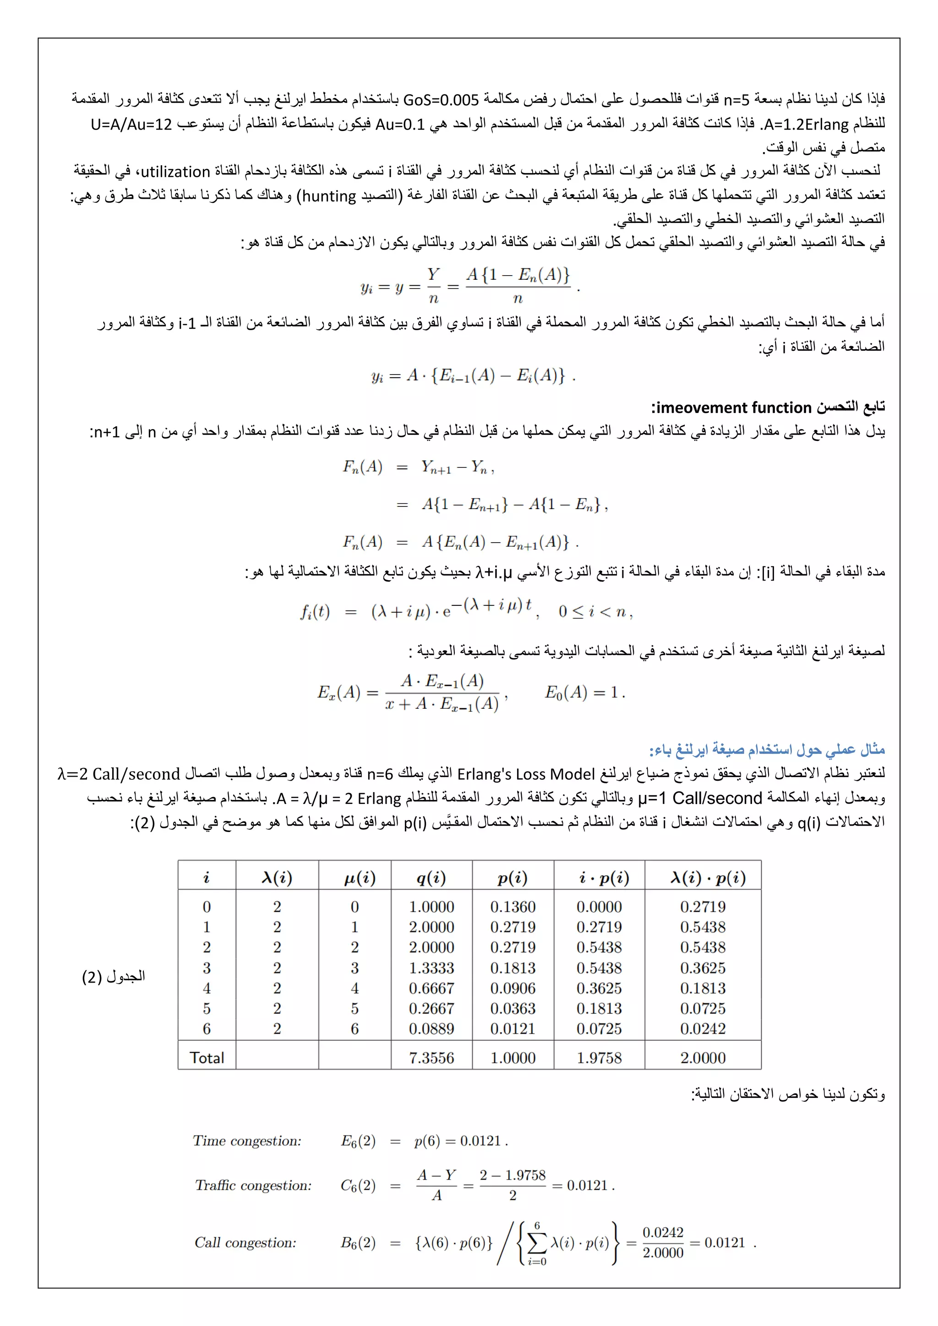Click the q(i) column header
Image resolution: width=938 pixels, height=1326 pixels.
[431, 878]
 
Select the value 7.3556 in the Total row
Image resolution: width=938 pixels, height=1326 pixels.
[431, 1058]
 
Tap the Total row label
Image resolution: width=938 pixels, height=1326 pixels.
[207, 1058]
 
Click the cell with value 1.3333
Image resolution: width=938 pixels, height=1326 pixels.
[431, 968]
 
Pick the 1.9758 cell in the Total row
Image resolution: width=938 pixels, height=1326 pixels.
[599, 1058]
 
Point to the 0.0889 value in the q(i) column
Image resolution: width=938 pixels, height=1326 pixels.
[431, 1028]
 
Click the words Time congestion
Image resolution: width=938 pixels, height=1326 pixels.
[247, 1141]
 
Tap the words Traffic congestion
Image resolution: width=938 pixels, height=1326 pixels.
[253, 1185]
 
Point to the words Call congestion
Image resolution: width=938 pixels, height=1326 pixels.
[245, 1242]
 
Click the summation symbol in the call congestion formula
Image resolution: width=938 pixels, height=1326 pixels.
[537, 1243]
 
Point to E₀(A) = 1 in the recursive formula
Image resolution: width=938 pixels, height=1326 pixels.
[584, 692]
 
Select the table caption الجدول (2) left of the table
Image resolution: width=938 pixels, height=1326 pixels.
[114, 977]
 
